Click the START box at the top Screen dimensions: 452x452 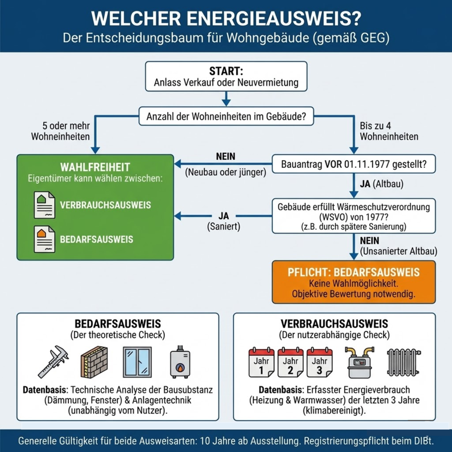[226, 76]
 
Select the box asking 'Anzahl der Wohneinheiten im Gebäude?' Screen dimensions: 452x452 [226, 118]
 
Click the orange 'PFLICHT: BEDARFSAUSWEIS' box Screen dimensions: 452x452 [353, 281]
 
